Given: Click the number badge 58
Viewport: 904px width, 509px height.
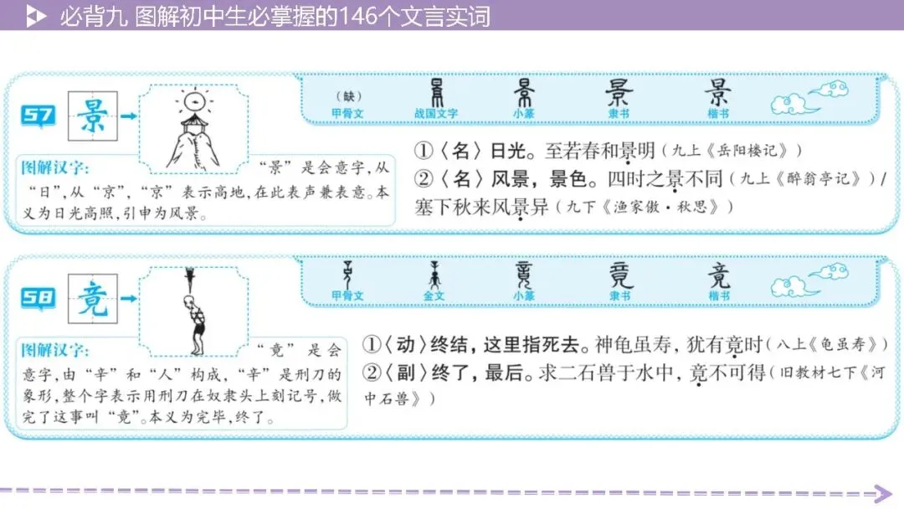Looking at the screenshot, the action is point(39,298).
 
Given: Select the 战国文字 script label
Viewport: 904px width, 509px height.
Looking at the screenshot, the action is point(435,114).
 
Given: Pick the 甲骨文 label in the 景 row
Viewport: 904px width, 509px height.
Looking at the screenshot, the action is point(347,114).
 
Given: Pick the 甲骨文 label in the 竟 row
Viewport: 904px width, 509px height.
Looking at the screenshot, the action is point(347,296).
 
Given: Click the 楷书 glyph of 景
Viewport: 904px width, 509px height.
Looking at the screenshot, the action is point(718,92).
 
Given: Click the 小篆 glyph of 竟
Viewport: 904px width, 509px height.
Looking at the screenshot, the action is point(524,274).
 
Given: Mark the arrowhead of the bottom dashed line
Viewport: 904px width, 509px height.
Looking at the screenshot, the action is point(882,493).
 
